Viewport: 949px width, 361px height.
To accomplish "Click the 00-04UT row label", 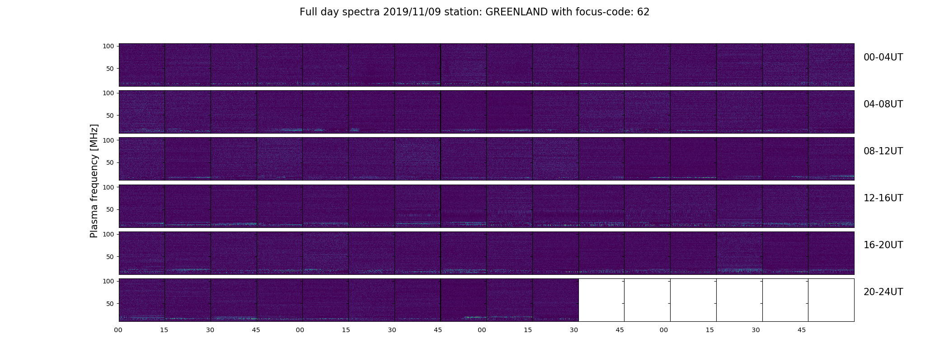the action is [x=883, y=57].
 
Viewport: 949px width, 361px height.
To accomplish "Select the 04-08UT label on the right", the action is [x=883, y=104].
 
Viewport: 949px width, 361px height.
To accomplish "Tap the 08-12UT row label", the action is [x=883, y=151].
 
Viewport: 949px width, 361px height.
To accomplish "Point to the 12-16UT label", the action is [x=883, y=198].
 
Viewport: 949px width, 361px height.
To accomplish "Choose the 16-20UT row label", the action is [x=883, y=245].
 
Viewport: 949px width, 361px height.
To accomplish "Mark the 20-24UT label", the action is [x=883, y=292].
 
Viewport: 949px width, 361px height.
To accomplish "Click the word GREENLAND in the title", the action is [x=517, y=12].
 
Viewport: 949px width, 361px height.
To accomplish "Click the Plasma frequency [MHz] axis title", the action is [x=94, y=181].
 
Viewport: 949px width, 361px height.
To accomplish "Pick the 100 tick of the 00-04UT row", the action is [x=108, y=46].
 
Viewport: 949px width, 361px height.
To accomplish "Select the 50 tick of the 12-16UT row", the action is [x=110, y=209].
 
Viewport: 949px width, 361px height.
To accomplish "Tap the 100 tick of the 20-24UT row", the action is [x=108, y=281].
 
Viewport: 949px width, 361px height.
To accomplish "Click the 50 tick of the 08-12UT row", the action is [x=110, y=162].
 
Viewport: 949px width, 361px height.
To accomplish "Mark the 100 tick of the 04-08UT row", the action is [x=108, y=93].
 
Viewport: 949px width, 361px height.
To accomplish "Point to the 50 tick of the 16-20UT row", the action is [x=110, y=257].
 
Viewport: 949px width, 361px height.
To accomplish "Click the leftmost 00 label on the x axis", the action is [x=118, y=330].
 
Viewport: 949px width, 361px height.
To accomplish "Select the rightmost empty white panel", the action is [x=831, y=300].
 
